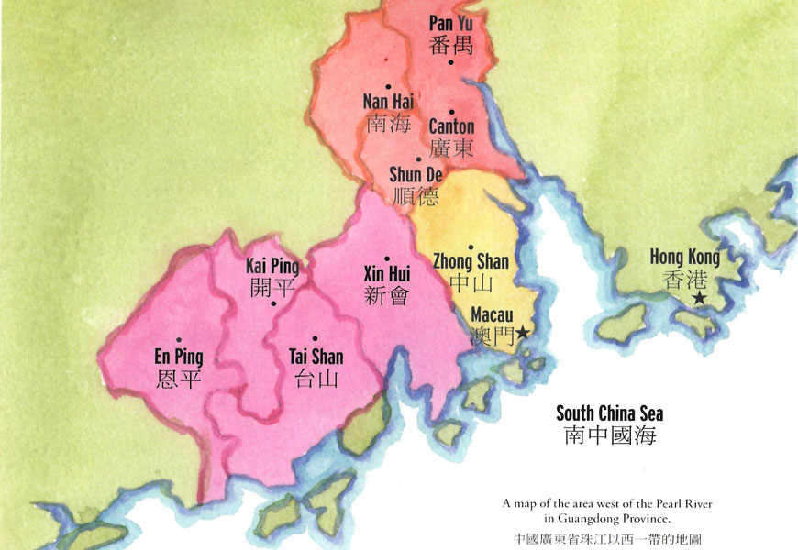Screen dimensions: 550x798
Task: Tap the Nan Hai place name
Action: tap(387, 102)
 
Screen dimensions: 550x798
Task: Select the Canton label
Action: tap(451, 126)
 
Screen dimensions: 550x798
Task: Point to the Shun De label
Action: tap(416, 174)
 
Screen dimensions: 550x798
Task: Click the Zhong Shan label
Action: tap(471, 262)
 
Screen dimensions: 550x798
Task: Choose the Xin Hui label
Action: tap(386, 274)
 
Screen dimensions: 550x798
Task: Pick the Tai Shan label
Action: tap(315, 357)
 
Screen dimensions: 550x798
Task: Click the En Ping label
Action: tap(179, 357)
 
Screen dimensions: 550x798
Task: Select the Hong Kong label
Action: tap(684, 257)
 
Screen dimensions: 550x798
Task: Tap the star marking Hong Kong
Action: tap(700, 299)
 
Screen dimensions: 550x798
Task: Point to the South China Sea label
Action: tap(610, 412)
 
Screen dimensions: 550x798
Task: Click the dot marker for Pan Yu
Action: tap(450, 62)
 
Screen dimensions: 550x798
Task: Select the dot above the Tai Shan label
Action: tap(315, 338)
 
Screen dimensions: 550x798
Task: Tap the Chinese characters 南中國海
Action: tap(610, 436)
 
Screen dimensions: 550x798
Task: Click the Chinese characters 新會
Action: tap(386, 295)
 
